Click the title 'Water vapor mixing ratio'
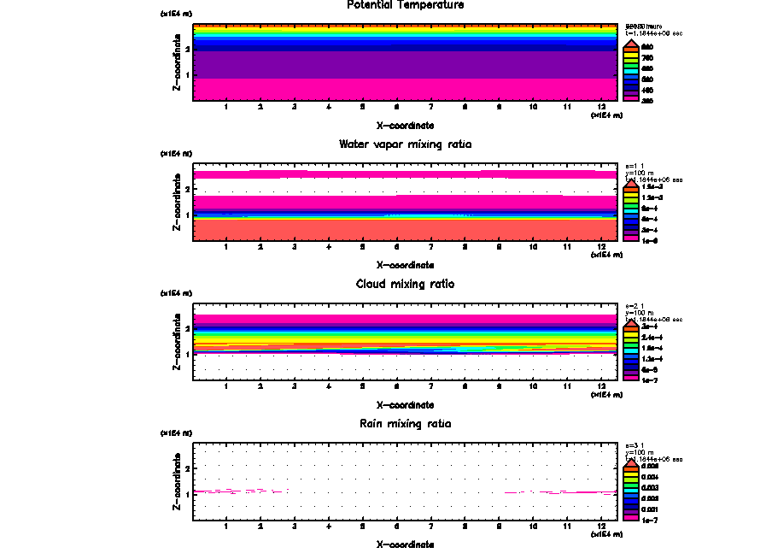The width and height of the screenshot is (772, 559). click(x=406, y=144)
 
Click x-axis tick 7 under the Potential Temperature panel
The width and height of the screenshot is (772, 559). click(x=430, y=108)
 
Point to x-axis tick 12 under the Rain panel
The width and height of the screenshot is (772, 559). click(x=601, y=527)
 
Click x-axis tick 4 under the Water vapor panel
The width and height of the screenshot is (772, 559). click(x=329, y=247)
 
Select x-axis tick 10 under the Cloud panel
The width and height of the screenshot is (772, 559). click(x=533, y=387)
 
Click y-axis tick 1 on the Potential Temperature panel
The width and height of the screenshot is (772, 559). click(x=186, y=76)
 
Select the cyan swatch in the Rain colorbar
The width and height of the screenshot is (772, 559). click(x=629, y=487)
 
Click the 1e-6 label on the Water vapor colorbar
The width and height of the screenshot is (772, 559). click(x=649, y=240)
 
